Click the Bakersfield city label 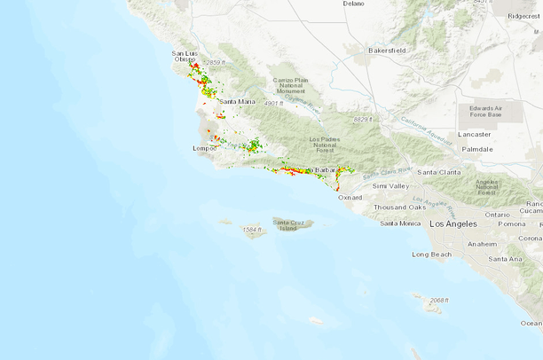point(387,51)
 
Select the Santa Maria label point(237,102)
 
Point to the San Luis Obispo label point(185,57)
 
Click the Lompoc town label point(205,148)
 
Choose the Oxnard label point(350,198)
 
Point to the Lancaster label point(475,134)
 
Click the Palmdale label point(477,149)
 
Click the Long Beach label point(432,254)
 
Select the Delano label point(353,4)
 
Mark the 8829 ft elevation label point(364,119)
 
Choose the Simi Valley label point(391,186)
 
